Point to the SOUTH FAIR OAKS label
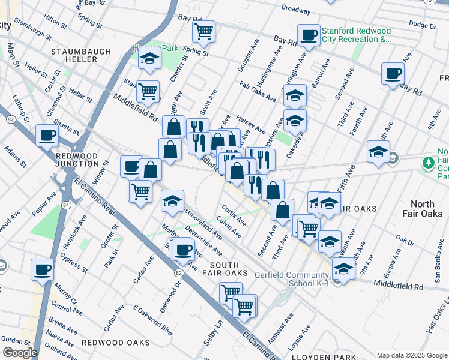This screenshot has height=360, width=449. coord(228,269)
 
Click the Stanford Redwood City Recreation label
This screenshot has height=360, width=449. coord(357,35)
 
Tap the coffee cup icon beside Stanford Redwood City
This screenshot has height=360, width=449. coord(309,34)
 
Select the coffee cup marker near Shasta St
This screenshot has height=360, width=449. coord(47,135)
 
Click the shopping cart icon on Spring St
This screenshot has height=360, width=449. coord(204,30)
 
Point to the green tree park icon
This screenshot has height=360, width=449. coord(429,163)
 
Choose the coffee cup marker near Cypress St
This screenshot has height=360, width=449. coord(43,269)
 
